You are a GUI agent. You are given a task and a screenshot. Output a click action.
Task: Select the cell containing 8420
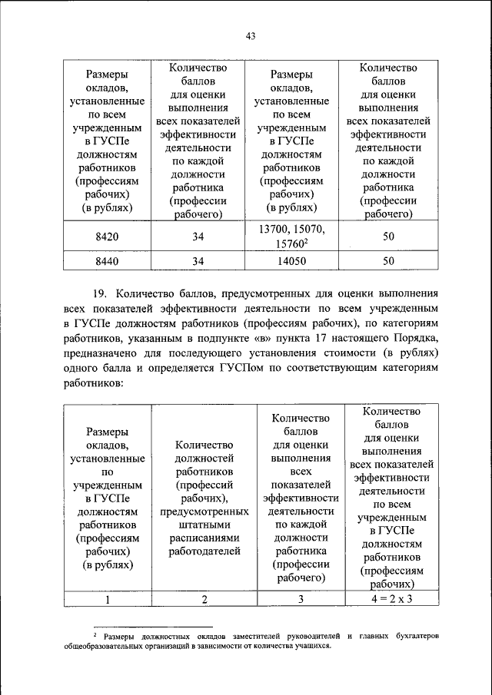pyautogui.click(x=107, y=237)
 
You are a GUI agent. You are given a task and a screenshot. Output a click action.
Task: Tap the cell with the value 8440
pyautogui.click(x=107, y=261)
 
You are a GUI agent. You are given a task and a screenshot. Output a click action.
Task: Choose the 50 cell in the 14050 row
pyautogui.click(x=388, y=261)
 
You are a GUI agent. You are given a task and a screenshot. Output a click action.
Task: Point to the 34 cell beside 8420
pyautogui.click(x=198, y=237)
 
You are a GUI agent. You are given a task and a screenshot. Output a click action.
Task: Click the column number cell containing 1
pyautogui.click(x=107, y=600)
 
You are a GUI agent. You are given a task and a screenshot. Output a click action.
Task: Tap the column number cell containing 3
pyautogui.click(x=301, y=600)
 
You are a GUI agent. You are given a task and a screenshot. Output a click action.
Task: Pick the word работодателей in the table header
pyautogui.click(x=204, y=551)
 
